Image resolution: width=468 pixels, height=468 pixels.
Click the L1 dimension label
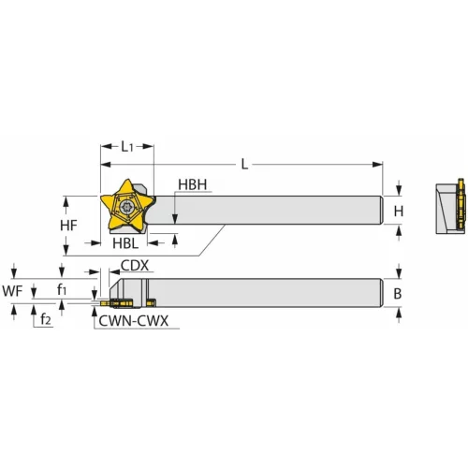(x=130, y=148)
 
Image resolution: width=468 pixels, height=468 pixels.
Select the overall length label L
(x=244, y=164)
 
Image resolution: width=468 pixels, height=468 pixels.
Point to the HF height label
(x=66, y=226)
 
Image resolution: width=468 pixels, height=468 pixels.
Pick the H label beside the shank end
(x=398, y=212)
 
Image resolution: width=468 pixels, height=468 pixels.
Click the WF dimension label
(x=12, y=290)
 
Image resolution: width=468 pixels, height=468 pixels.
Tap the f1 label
(x=62, y=290)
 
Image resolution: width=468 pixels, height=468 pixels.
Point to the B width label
(x=398, y=293)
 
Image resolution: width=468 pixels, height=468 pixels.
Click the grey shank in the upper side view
(x=281, y=210)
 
